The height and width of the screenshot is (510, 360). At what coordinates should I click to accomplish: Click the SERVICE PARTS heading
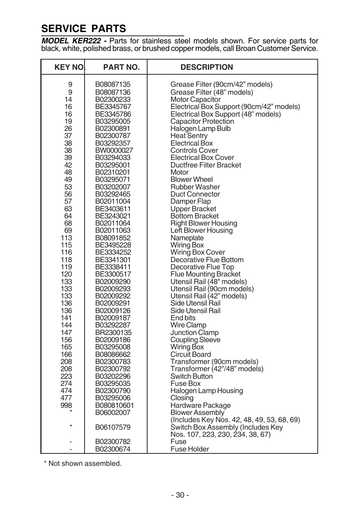(x=84, y=29)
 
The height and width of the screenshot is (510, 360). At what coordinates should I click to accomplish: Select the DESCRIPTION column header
(x=207, y=67)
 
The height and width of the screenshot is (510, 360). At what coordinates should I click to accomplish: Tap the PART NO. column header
(x=122, y=67)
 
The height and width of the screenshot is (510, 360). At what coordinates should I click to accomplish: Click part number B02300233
(x=113, y=100)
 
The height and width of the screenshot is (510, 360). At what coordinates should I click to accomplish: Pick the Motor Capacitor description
(x=195, y=100)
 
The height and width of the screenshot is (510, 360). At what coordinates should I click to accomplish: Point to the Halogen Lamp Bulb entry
(x=200, y=129)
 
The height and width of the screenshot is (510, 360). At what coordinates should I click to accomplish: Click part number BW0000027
(x=114, y=151)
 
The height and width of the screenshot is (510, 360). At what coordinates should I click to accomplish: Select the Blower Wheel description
(x=192, y=180)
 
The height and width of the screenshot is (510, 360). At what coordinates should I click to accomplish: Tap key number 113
(x=66, y=238)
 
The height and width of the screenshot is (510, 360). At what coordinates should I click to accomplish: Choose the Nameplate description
(x=187, y=238)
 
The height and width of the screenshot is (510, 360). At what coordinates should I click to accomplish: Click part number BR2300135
(x=113, y=333)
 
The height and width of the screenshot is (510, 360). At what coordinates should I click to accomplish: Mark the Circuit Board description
(x=191, y=355)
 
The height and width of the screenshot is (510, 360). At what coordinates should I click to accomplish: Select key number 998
(x=66, y=406)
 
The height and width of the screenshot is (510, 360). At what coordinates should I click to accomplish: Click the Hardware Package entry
(x=200, y=406)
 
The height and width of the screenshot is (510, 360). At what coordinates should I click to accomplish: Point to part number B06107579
(x=113, y=427)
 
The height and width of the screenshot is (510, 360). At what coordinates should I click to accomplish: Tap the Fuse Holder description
(x=189, y=449)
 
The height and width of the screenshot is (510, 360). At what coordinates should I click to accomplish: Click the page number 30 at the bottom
(x=180, y=495)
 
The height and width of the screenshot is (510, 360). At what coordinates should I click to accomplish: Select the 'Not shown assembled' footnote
(x=83, y=464)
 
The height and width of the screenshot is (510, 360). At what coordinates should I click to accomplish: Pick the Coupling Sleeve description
(x=195, y=340)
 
